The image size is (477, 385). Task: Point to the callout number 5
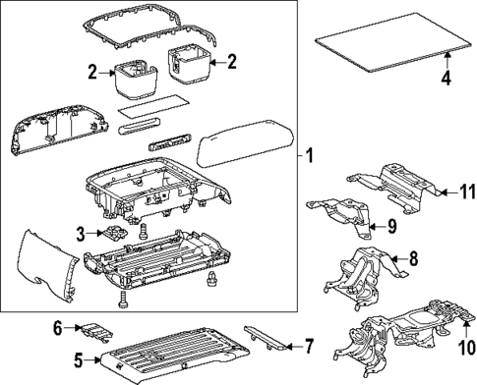(81, 360)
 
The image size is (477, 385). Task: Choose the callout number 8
(413, 260)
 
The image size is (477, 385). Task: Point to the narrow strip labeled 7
(267, 339)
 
